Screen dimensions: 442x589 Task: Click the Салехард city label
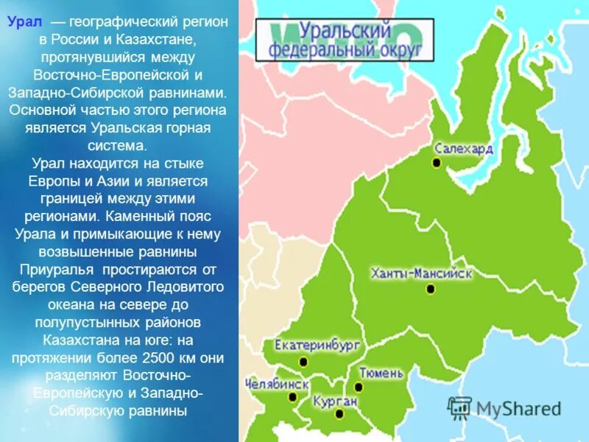(x=464, y=148)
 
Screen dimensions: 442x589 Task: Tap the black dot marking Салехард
(x=437, y=163)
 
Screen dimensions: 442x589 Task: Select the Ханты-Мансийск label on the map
(x=421, y=273)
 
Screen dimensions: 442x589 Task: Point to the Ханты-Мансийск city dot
(x=431, y=289)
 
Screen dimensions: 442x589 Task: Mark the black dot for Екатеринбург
(x=303, y=362)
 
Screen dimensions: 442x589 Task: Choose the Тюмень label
(x=381, y=373)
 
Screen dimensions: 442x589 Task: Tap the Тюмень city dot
(x=359, y=387)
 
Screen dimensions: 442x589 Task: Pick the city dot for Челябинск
(x=292, y=397)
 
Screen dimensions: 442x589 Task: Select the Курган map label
(x=335, y=401)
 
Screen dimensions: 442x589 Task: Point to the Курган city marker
(x=339, y=414)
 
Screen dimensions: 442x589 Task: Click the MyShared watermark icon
(x=460, y=408)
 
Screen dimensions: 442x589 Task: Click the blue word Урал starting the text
(x=24, y=22)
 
